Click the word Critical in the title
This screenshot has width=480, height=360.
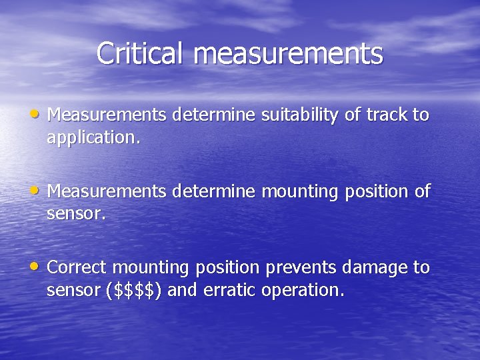[138, 53]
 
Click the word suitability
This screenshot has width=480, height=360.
[300, 115]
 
